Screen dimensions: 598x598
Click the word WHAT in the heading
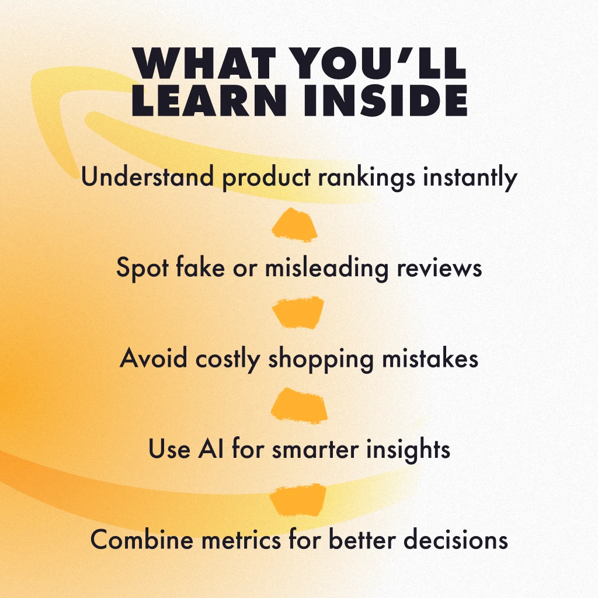tap(204, 63)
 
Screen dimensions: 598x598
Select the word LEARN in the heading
tap(209, 100)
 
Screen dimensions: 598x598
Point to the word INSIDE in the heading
tap(385, 100)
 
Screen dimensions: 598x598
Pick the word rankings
tap(367, 179)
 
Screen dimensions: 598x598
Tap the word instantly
tap(470, 179)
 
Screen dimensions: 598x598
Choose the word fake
tap(200, 266)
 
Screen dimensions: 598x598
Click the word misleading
tap(326, 268)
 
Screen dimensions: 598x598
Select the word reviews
tap(439, 267)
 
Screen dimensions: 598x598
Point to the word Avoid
tap(154, 358)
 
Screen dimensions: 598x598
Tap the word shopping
tap(321, 359)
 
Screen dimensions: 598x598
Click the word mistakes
tap(430, 358)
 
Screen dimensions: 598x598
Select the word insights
tap(408, 450)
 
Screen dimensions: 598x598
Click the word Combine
tap(142, 539)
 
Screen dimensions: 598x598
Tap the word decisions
tap(456, 539)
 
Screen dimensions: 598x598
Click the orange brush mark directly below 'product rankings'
tap(294, 225)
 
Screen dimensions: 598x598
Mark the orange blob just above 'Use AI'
tap(298, 406)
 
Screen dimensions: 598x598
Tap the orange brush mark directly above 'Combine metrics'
tap(298, 499)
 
